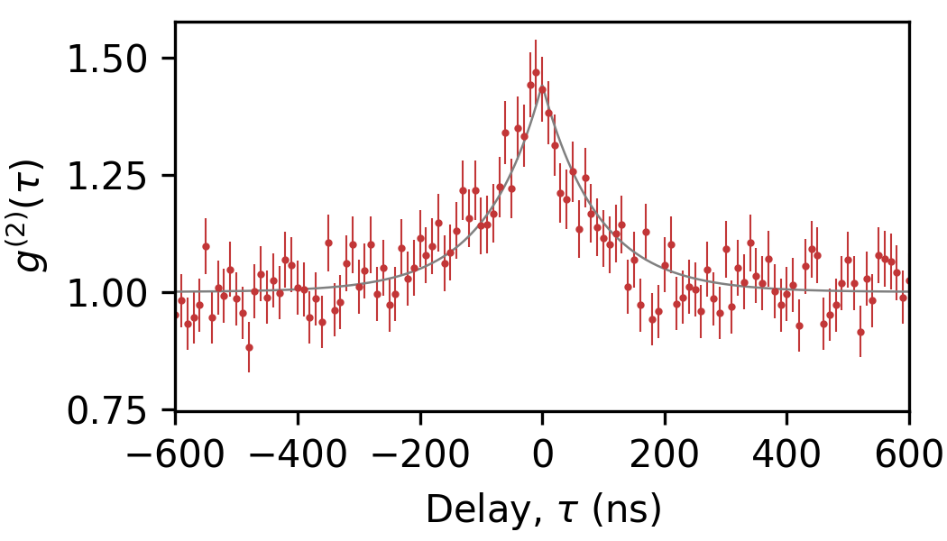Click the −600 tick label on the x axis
pos(175,453)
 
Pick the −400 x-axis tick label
pos(298,453)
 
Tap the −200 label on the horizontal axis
pos(419,453)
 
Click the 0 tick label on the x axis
pos(542,453)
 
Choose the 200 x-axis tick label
pos(665,453)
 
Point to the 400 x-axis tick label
pos(786,453)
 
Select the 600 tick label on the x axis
pos(908,453)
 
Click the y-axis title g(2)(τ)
pos(41,217)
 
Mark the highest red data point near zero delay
pos(536,72)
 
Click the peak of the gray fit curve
pos(542,88)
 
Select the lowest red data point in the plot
pos(249,347)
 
